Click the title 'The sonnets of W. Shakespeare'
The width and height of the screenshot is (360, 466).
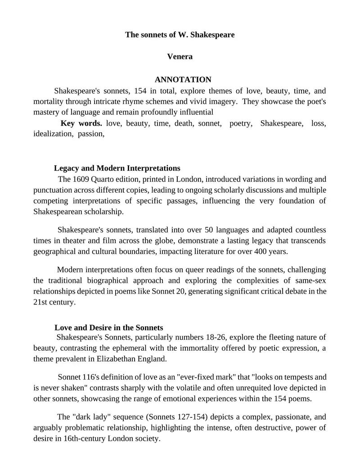pos(180,35)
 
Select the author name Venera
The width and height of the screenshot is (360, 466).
pos(180,57)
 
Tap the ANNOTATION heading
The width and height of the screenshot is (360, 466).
pos(180,80)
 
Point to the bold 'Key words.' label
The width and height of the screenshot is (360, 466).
pos(81,123)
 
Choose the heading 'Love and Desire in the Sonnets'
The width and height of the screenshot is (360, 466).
pos(108,328)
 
